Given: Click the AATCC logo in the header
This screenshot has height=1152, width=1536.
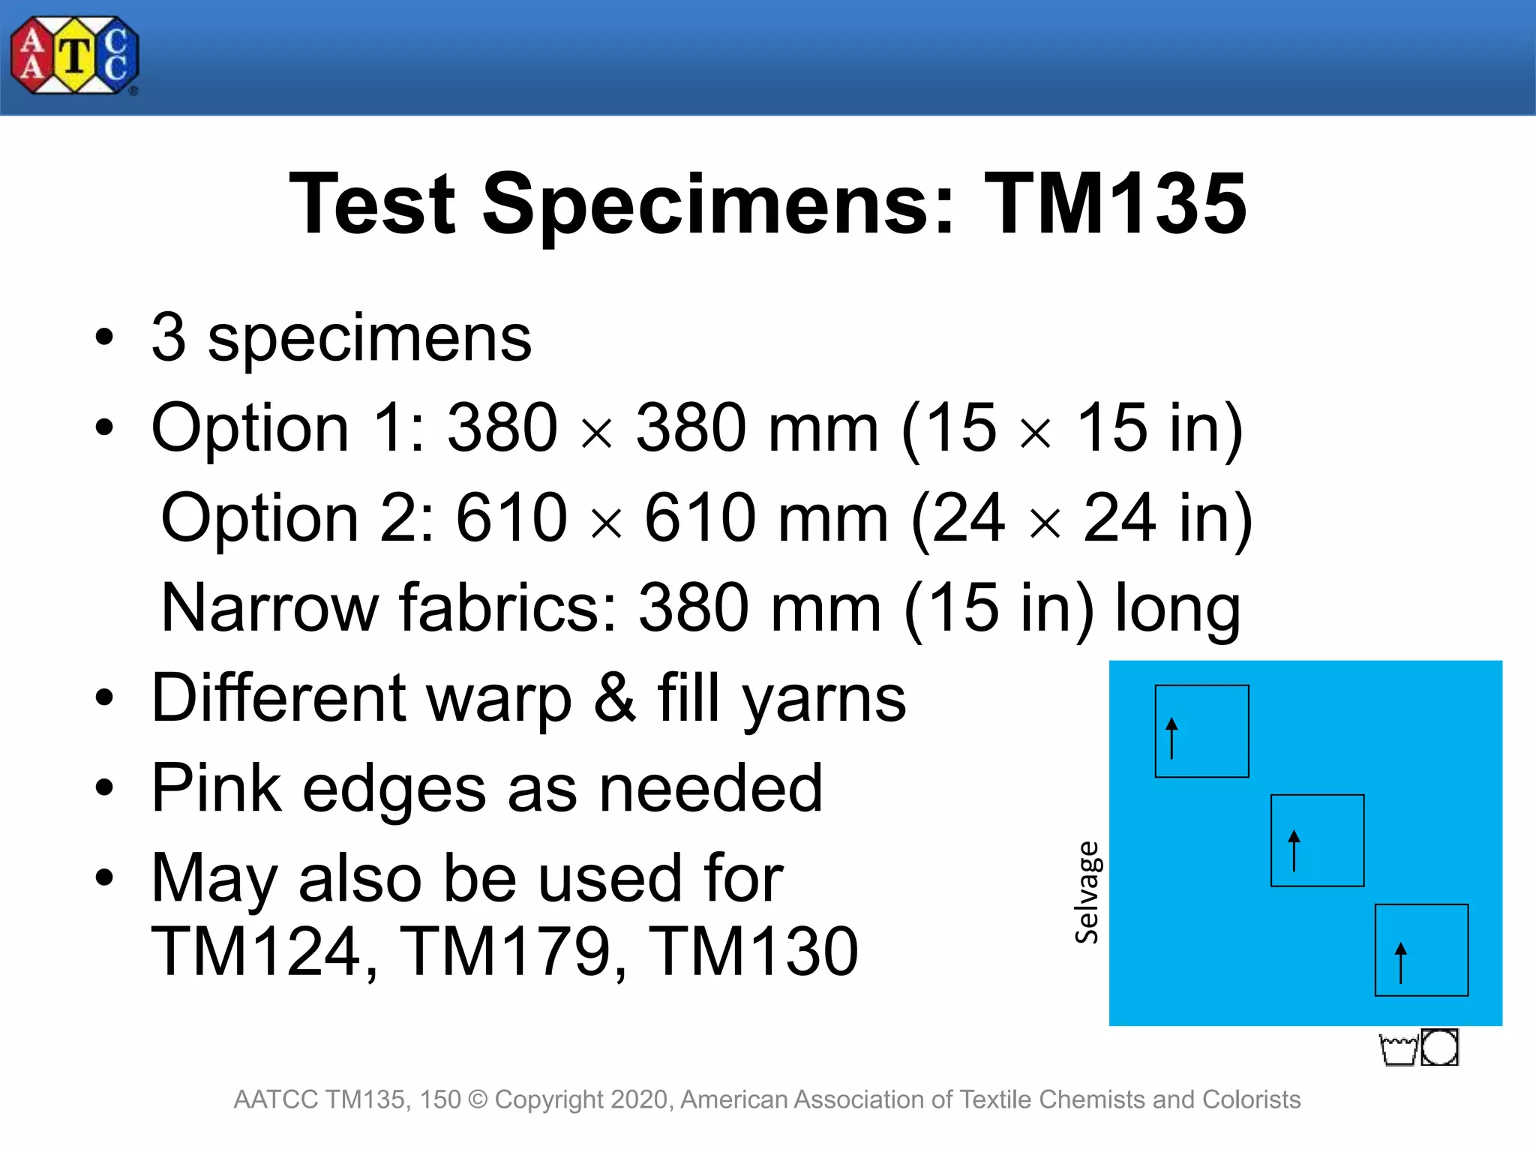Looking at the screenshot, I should pyautogui.click(x=75, y=55).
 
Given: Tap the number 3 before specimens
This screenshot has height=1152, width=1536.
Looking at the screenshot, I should pyautogui.click(x=169, y=337).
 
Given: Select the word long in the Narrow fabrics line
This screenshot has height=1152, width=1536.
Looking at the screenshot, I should pyautogui.click(x=1177, y=609).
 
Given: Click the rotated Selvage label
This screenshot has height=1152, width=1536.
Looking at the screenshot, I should pyautogui.click(x=1087, y=892).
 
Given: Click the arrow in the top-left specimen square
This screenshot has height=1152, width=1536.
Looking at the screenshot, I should pyautogui.click(x=1172, y=738).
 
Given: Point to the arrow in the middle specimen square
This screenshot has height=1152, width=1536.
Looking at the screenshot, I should pyautogui.click(x=1294, y=850).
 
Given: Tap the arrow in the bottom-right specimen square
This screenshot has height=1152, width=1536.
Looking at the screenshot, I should pyautogui.click(x=1400, y=962).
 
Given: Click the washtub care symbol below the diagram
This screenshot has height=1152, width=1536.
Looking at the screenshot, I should pyautogui.click(x=1399, y=1049).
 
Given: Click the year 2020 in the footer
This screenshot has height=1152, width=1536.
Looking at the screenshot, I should pyautogui.click(x=643, y=1099).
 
